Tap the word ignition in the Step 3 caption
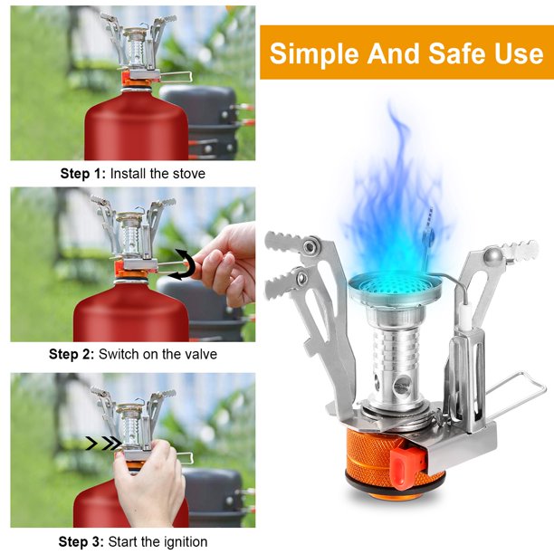point(185,541)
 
